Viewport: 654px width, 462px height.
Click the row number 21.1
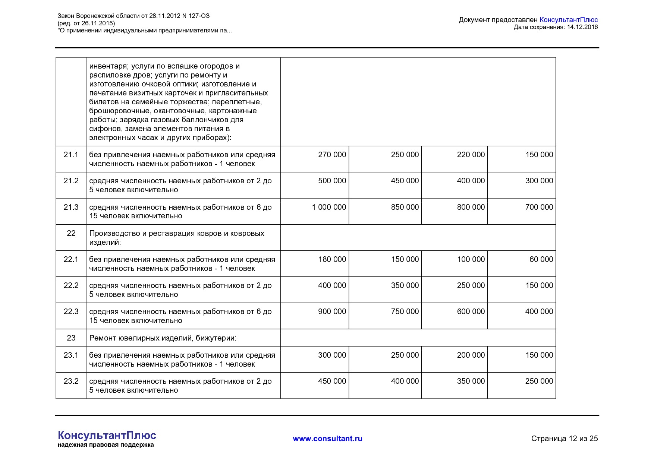tap(71, 155)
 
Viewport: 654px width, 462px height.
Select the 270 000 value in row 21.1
tap(332, 155)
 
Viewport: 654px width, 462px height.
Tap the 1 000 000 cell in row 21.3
tap(329, 207)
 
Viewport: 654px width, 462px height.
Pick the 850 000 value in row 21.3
tap(405, 207)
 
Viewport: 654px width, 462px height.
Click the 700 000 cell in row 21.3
tap(539, 207)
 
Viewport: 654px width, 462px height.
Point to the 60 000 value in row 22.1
tap(541, 259)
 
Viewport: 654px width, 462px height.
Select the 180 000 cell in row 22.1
tap(332, 259)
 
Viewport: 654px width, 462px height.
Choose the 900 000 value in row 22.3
tap(332, 311)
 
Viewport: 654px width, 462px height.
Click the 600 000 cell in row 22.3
tap(471, 311)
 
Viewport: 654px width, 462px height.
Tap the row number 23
tap(71, 338)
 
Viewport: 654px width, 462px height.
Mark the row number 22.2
tap(71, 285)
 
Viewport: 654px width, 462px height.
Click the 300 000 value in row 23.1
tap(332, 355)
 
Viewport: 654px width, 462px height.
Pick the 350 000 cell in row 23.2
tap(471, 381)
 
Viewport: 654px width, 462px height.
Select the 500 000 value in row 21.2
tap(332, 181)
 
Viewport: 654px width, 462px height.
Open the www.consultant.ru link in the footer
tap(327, 439)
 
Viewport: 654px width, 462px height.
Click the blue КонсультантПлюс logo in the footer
tap(107, 435)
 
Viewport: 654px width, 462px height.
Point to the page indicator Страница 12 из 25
tap(564, 439)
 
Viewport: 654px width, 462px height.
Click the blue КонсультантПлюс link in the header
tap(568, 20)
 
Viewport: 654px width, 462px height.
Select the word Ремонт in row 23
tap(102, 338)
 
